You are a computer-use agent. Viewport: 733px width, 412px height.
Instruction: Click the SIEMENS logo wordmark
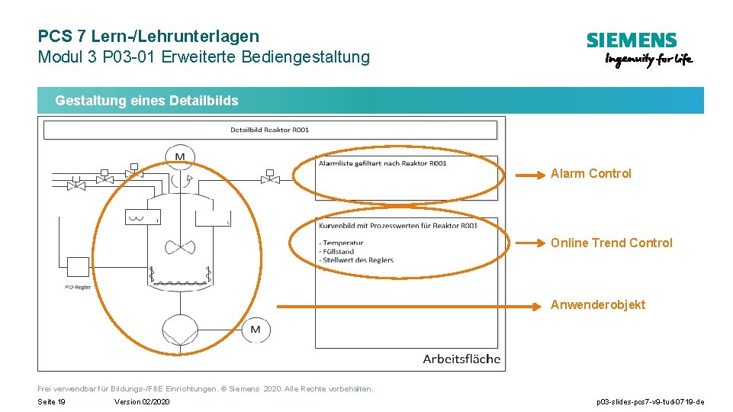[x=632, y=40]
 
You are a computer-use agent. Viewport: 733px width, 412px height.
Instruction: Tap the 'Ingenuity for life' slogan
[x=648, y=60]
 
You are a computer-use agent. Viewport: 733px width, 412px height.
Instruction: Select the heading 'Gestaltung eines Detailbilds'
[x=146, y=101]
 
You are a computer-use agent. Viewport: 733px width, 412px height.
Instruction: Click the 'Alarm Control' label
[x=591, y=174]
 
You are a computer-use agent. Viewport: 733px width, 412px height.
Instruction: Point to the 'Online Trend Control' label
[x=612, y=243]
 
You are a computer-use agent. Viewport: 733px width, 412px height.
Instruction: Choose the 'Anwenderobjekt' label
[x=598, y=305]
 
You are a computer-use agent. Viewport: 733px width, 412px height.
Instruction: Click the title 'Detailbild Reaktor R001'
[x=270, y=130]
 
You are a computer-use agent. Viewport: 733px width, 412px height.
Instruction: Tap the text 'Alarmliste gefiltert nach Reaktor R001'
[x=383, y=163]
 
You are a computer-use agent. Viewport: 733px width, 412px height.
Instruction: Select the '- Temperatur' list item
[x=342, y=243]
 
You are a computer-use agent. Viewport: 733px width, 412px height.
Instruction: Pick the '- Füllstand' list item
[x=336, y=252]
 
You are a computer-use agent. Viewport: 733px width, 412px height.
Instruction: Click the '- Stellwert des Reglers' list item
[x=356, y=260]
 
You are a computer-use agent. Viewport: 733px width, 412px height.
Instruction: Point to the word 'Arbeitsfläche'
[x=461, y=359]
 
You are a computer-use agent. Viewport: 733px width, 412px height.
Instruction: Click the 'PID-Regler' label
[x=78, y=288]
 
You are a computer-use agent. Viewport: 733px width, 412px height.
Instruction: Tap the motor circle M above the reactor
[x=180, y=156]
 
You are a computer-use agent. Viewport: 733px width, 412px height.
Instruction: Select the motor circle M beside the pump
[x=256, y=330]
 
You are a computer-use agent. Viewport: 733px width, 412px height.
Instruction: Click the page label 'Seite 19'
[x=52, y=402]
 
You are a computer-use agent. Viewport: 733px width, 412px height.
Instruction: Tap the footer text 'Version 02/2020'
[x=142, y=402]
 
